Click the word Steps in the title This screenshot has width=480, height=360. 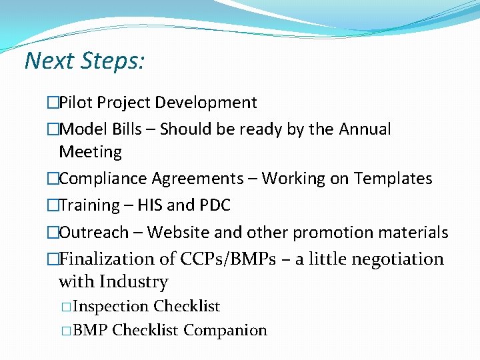pos(113,61)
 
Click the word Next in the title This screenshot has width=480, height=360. pos(50,61)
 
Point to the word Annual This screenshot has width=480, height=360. pos(365,129)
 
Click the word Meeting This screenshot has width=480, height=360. pos(90,152)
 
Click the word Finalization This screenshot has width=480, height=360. pos(106,259)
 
